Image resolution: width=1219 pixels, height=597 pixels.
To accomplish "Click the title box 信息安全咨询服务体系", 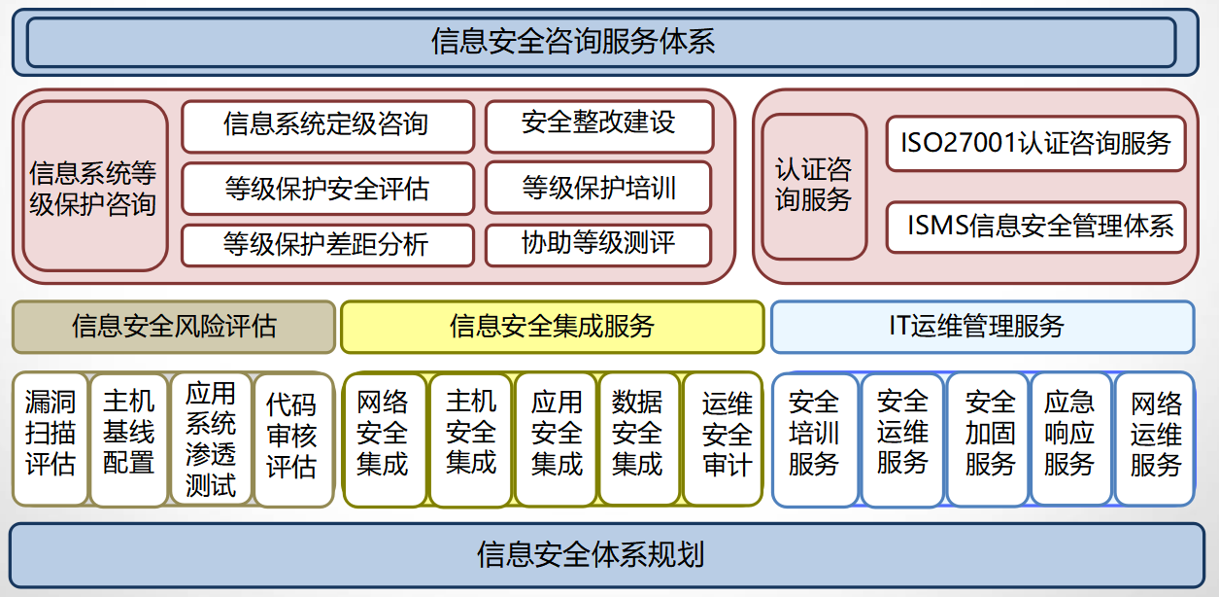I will [x=600, y=42].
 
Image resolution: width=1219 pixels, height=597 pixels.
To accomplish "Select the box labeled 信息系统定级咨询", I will [x=327, y=125].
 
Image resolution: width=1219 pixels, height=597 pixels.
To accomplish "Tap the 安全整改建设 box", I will [x=598, y=125].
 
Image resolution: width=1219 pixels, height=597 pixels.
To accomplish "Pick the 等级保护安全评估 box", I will [x=327, y=188].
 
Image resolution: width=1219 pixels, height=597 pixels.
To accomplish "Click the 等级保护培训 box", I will [x=598, y=188].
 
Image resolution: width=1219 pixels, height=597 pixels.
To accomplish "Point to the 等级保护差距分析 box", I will [x=327, y=244].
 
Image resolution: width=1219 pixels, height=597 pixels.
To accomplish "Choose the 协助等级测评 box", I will [x=598, y=244].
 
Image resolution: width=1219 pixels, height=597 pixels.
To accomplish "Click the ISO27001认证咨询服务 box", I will [x=1035, y=144].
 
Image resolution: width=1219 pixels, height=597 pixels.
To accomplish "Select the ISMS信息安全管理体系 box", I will [x=1035, y=227].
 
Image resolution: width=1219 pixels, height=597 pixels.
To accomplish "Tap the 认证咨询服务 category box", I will [x=813, y=186].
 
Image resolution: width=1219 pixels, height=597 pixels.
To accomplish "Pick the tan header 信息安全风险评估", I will [x=174, y=327].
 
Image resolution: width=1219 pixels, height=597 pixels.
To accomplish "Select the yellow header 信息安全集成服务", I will [x=552, y=327].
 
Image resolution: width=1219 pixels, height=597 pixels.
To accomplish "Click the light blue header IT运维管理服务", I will [x=981, y=327].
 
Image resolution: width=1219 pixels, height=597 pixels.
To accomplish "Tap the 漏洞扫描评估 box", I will [x=51, y=438].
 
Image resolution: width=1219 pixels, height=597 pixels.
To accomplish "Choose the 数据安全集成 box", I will [x=639, y=438].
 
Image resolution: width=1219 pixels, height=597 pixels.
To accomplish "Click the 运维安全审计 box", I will [x=723, y=438].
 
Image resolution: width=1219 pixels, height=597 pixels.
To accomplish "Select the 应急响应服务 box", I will [x=1069, y=438].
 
